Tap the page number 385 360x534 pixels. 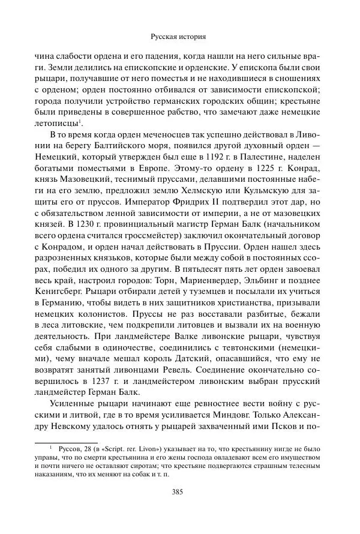[180, 508]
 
